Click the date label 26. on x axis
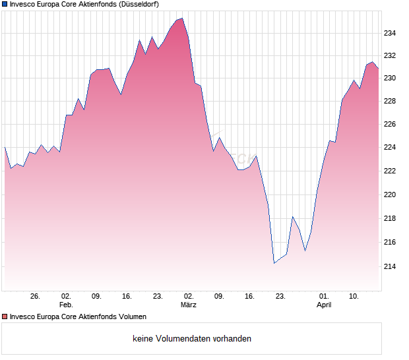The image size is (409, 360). (35, 297)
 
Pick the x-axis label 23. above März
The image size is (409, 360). (158, 297)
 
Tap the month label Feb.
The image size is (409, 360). (65, 305)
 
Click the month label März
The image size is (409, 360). (188, 305)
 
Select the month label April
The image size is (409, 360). (324, 305)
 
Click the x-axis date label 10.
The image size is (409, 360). (354, 297)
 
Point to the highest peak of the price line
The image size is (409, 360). (182, 18)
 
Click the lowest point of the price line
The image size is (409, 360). (274, 263)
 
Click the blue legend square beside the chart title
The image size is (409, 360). (5, 5)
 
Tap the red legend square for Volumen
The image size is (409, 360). (5, 316)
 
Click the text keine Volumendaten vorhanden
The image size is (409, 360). (191, 339)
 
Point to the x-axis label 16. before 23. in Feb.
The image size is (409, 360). (127, 297)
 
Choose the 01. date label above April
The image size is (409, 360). (324, 297)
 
